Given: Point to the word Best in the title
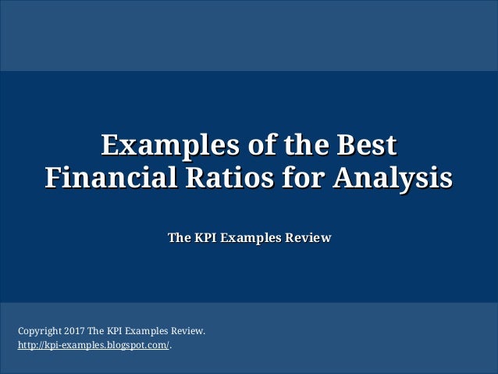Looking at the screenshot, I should click(364, 145).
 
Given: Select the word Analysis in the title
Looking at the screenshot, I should click(393, 176).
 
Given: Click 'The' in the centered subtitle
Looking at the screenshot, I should click(179, 237).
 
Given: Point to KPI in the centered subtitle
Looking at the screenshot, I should click(205, 237).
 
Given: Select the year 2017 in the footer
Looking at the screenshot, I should click(74, 331).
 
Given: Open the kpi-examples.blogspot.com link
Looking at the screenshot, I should click(93, 344).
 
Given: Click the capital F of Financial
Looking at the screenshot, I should click(52, 176).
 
